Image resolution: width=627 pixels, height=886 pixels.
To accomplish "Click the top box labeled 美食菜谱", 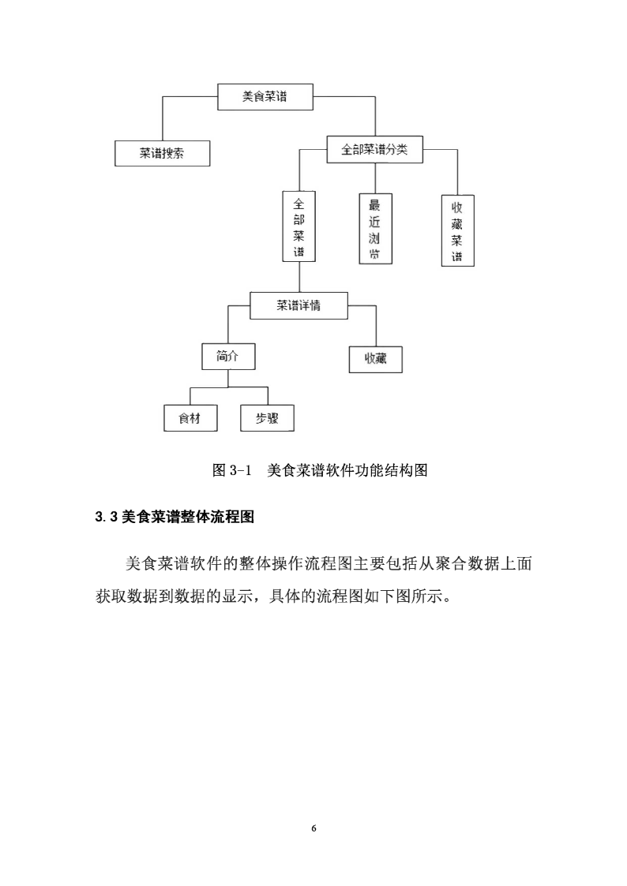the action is (265, 96).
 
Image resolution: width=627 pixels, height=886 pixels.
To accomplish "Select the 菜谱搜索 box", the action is (162, 153).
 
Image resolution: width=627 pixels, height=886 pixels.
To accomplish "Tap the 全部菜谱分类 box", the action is (375, 150).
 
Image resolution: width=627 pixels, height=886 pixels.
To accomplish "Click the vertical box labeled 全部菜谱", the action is (299, 226).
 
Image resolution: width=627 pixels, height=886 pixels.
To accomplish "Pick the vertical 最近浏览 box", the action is (375, 228).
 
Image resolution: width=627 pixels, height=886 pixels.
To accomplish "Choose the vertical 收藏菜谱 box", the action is (457, 230).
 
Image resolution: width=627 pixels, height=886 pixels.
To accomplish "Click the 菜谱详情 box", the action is (299, 305).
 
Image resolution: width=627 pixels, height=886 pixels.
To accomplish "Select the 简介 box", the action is (228, 357).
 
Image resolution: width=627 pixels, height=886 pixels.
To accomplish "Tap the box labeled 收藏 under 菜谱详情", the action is (375, 360).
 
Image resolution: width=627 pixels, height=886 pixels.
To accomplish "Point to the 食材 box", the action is (190, 418).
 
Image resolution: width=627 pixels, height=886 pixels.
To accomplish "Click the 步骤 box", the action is (268, 418).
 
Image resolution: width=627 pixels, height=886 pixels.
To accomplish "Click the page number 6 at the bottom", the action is (313, 828).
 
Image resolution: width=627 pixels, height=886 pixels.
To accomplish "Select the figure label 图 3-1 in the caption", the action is (231, 470).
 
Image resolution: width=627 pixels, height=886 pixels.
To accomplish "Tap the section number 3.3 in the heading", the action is (107, 517).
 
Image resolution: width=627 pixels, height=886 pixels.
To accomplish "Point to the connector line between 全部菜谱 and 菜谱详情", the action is (299, 277).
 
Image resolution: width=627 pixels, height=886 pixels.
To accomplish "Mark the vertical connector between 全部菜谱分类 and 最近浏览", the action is (375, 178).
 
